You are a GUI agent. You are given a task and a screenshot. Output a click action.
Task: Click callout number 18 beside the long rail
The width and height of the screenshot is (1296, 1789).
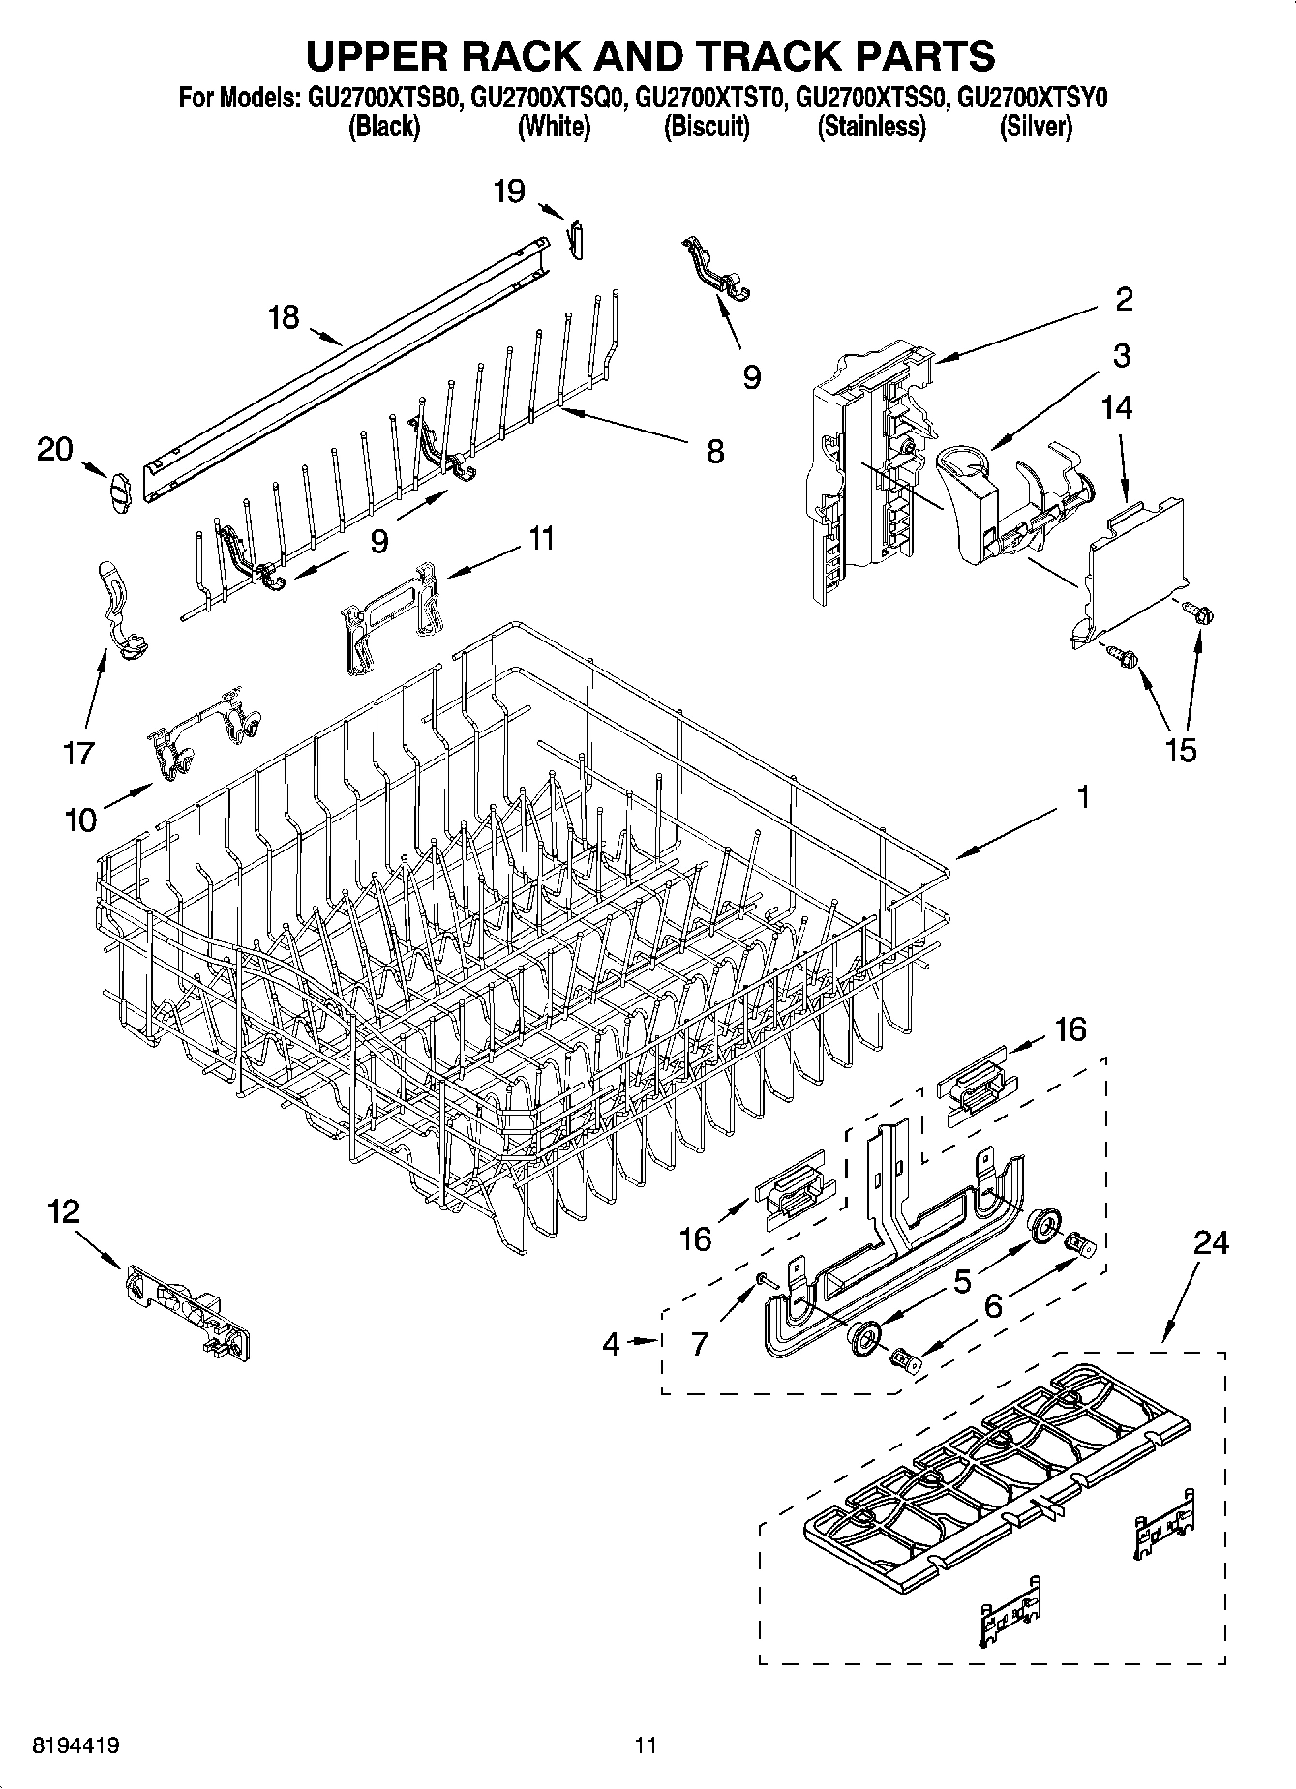tap(285, 317)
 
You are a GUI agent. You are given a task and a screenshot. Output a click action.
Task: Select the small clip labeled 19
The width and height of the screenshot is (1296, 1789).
tap(576, 237)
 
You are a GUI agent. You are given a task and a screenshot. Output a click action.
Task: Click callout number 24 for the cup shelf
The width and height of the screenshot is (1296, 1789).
tap(1210, 1242)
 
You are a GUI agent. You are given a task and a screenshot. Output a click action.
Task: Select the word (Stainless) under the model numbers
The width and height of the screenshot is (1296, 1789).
tap(871, 127)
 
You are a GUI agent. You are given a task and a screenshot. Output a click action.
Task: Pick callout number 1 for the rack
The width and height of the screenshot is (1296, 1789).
tap(1083, 798)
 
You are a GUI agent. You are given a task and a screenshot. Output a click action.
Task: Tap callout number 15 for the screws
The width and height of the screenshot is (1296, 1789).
tap(1181, 749)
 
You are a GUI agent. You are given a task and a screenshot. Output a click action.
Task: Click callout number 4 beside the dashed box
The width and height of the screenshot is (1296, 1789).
tap(611, 1345)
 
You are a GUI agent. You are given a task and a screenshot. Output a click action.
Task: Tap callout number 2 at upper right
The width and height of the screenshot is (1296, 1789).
tap(1123, 299)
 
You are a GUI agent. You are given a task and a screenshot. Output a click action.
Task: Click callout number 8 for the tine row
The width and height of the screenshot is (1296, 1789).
tap(714, 451)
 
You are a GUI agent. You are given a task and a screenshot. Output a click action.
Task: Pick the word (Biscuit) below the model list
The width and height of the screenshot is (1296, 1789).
tap(707, 127)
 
